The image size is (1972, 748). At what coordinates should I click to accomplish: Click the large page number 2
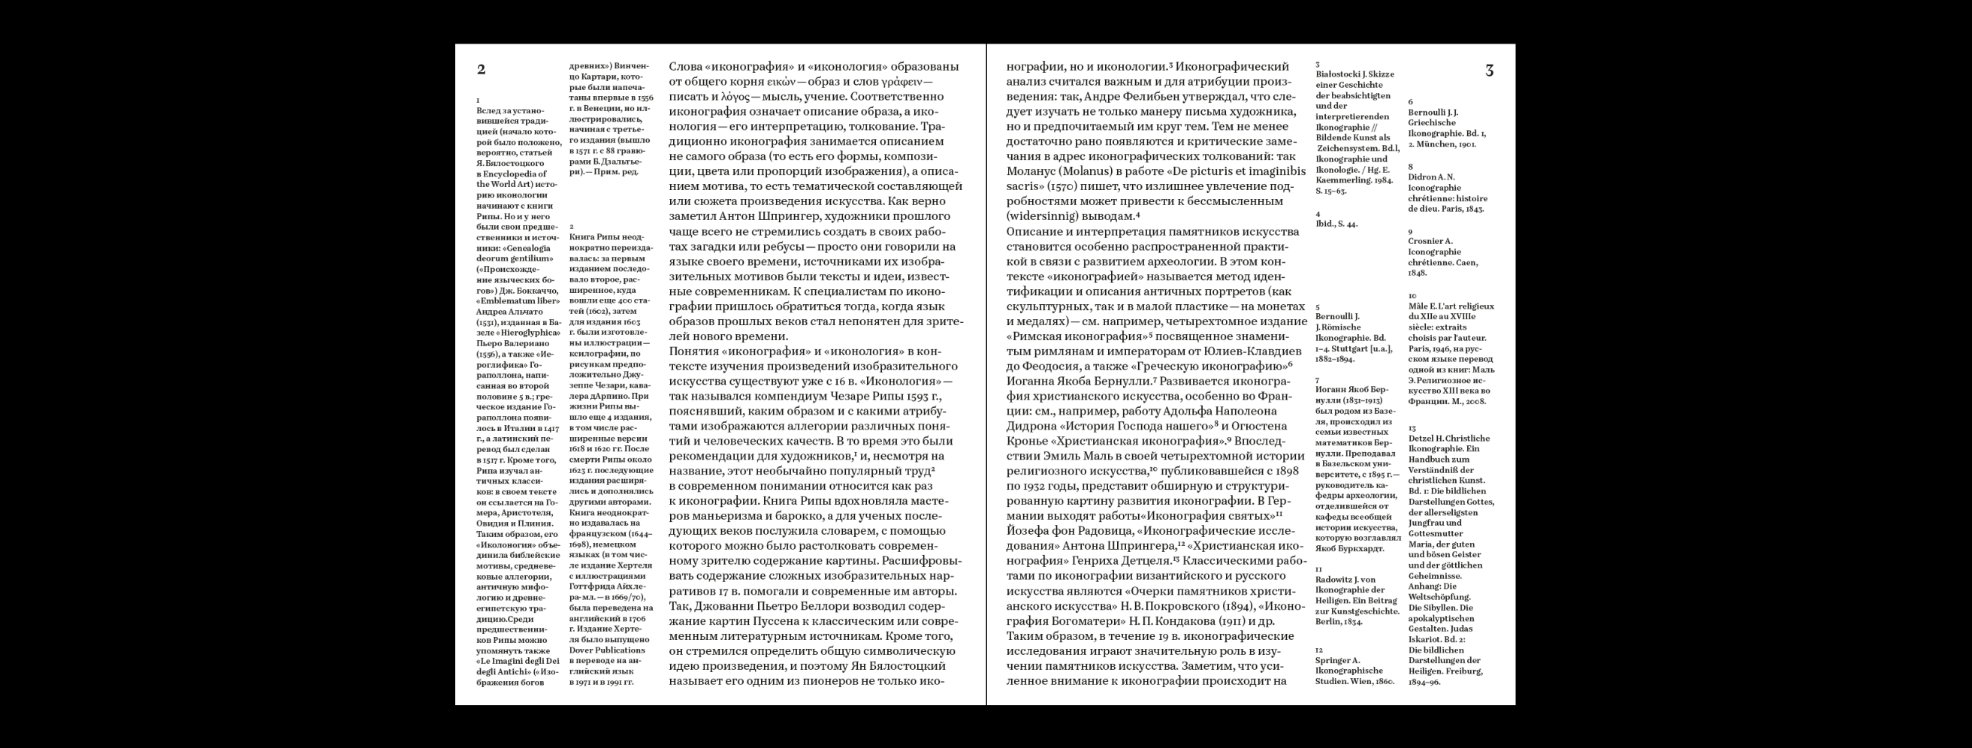click(481, 70)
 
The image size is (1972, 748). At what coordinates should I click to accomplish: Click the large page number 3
click(1489, 71)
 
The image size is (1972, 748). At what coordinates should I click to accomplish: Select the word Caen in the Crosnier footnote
click(1466, 263)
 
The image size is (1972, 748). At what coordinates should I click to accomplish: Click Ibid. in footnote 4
click(1326, 225)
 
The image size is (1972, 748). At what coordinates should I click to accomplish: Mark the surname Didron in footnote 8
click(1421, 176)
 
